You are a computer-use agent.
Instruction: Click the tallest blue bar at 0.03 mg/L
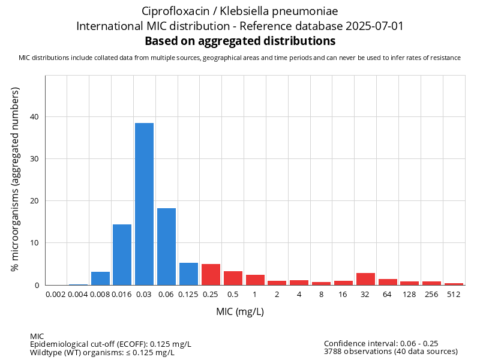(144, 204)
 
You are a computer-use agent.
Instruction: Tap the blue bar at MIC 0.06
(166, 247)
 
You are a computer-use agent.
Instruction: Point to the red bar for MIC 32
(365, 279)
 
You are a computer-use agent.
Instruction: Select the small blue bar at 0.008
(100, 278)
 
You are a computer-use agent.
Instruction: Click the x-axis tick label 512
(454, 294)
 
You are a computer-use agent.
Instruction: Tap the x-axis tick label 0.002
(56, 294)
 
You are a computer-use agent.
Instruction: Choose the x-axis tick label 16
(343, 294)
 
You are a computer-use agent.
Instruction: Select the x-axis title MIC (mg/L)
(240, 312)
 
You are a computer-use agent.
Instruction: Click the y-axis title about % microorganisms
(16, 179)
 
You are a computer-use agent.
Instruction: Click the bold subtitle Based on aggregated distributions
(240, 41)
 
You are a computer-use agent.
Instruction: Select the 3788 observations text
(391, 352)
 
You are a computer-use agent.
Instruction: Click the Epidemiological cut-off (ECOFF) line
(110, 344)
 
